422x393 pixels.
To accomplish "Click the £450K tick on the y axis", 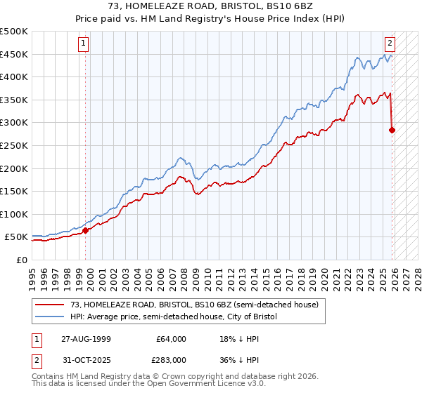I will point(14,55).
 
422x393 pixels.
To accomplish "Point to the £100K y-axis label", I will point(14,214).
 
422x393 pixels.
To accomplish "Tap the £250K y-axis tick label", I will point(14,145).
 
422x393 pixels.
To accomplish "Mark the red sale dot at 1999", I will point(86,229).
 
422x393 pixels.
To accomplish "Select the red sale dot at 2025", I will point(392,130).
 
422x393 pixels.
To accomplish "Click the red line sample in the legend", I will point(50,305).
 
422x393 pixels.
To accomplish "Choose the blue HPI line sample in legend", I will point(50,317).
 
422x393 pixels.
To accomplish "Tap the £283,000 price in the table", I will point(171,359).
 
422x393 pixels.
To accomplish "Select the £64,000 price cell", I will point(171,339).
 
